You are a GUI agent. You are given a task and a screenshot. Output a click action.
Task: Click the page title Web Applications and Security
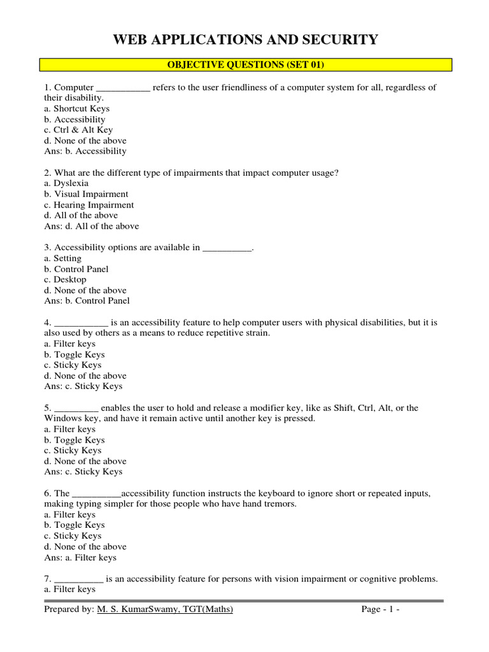[x=245, y=40]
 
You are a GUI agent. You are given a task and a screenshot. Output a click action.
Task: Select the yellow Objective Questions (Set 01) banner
[x=245, y=64]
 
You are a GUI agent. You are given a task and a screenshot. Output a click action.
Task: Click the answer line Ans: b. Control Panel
[x=87, y=301]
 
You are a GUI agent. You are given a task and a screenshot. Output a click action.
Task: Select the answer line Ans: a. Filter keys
[x=80, y=557]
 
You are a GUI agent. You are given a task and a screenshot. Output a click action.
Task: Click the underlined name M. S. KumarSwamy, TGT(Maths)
[x=165, y=610]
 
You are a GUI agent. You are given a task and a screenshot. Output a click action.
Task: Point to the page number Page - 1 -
[x=380, y=610]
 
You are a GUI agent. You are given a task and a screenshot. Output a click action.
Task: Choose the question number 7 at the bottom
[x=47, y=579]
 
